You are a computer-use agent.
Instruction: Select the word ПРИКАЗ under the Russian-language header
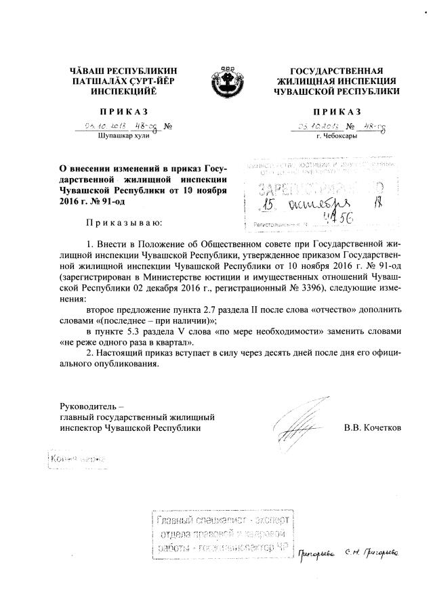coord(337,111)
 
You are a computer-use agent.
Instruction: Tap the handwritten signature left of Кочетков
coord(298,423)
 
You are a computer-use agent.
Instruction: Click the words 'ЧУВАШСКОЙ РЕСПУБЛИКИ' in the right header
coord(337,90)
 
